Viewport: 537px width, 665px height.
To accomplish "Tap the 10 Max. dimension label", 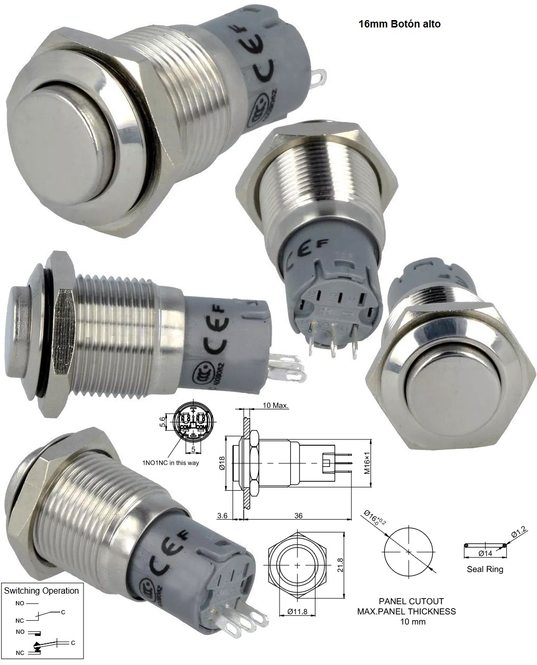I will (x=275, y=406).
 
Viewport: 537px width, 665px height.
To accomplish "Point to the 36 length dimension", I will (x=298, y=516).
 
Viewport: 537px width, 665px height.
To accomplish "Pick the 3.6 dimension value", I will (x=222, y=516).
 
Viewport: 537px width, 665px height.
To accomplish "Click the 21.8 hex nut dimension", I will (x=340, y=566).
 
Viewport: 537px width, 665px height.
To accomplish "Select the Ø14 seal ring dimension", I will (x=485, y=553).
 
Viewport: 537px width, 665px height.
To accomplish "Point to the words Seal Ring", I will (x=485, y=569).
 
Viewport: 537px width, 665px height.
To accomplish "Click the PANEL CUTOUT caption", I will (x=411, y=601).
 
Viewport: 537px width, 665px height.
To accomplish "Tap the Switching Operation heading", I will (x=41, y=591).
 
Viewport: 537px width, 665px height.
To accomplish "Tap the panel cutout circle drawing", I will (x=409, y=551).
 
